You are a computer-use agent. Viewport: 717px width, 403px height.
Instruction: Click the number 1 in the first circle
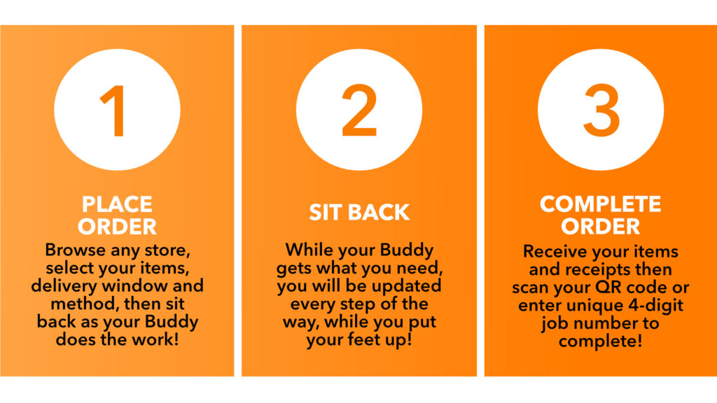(115, 111)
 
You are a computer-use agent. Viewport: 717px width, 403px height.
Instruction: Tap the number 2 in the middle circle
(359, 110)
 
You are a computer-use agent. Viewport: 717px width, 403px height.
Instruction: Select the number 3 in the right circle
(601, 111)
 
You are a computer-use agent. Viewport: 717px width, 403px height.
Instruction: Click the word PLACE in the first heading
(117, 204)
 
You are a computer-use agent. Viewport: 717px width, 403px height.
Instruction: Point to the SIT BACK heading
(359, 213)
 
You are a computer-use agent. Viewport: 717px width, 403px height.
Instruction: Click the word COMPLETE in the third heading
(600, 204)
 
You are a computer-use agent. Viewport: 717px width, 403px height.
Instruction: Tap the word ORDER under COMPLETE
(600, 226)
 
